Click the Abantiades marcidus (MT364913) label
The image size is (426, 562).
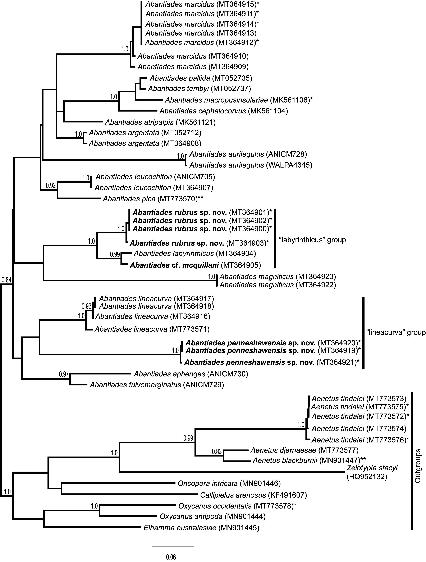[x=201, y=33]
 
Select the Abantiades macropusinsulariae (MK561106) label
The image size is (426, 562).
[x=238, y=100]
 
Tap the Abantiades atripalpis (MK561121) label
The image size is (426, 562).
[x=160, y=122]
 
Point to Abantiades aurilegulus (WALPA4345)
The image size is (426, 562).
[x=251, y=165]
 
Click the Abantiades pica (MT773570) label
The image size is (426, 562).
[x=153, y=199]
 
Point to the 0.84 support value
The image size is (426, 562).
[x=6, y=280]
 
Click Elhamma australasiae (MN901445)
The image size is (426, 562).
[x=201, y=528]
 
